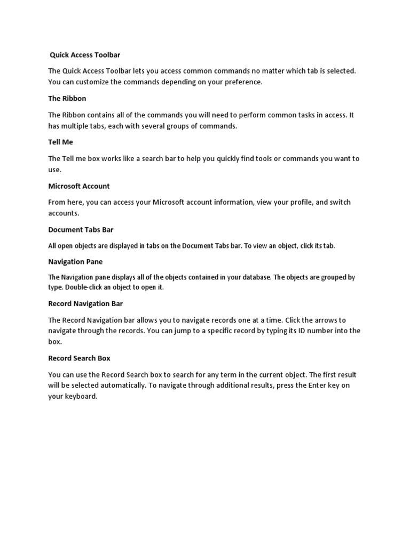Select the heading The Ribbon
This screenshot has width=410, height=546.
[x=67, y=99]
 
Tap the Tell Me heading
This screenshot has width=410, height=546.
[x=60, y=142]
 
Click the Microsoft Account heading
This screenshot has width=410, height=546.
[x=78, y=186]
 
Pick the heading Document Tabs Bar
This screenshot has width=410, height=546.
[x=81, y=230]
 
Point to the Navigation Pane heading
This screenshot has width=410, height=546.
[x=75, y=262]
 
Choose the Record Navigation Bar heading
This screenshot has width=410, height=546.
[x=85, y=304]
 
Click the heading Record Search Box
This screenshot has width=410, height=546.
[x=79, y=358]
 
